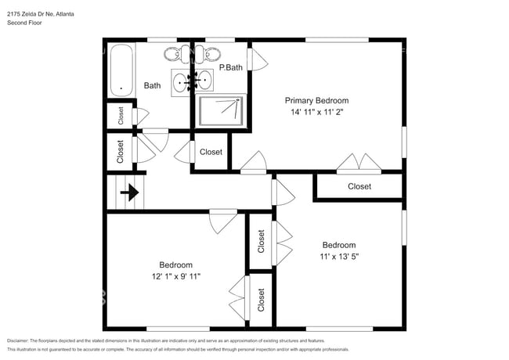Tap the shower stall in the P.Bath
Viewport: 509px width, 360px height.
pyautogui.click(x=222, y=110)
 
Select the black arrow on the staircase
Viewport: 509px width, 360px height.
pyautogui.click(x=129, y=192)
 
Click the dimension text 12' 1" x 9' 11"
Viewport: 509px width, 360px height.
pyautogui.click(x=176, y=276)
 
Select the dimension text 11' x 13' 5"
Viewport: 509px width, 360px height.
pyautogui.click(x=339, y=256)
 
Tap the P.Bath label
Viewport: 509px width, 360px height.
pyautogui.click(x=229, y=68)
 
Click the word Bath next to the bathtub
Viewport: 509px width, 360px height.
pyautogui.click(x=152, y=85)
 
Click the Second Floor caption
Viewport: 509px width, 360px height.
pyautogui.click(x=25, y=23)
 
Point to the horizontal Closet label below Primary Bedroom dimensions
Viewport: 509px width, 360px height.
pyautogui.click(x=359, y=186)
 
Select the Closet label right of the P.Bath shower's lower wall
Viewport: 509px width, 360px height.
pyautogui.click(x=211, y=152)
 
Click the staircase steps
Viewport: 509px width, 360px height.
pyautogui.click(x=125, y=192)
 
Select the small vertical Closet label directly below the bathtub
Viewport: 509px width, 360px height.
pyautogui.click(x=121, y=116)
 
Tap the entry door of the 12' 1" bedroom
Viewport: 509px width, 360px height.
pyautogui.click(x=222, y=220)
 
